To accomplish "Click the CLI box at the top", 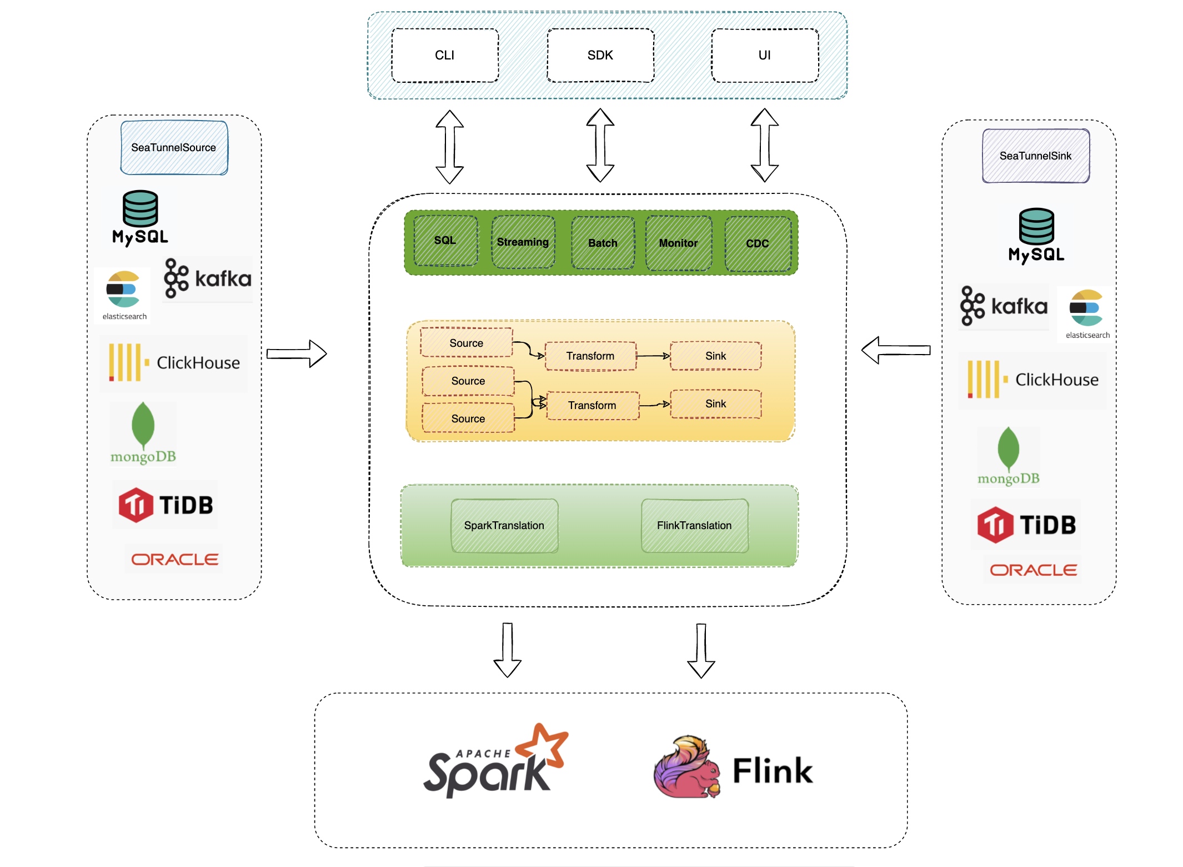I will (x=445, y=56).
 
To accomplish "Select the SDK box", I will (x=600, y=56).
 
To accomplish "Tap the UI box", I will (x=765, y=56).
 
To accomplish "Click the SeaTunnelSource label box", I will (x=174, y=148).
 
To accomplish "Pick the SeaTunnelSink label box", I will (x=1036, y=156).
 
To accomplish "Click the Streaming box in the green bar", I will (x=523, y=242).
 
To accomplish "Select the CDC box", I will (x=758, y=243).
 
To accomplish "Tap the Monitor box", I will (x=678, y=243).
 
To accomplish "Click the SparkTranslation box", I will (x=504, y=525).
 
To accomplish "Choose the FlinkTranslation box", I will (x=694, y=525).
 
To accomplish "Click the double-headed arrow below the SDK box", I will (x=600, y=146).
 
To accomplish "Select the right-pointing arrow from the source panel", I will (x=297, y=354).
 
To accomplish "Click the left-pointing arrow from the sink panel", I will (x=895, y=350).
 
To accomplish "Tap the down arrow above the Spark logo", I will (x=508, y=650).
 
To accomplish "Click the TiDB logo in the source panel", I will (x=166, y=505).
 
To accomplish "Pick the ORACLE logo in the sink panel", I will (x=1033, y=570).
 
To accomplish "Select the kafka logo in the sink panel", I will (x=1004, y=306).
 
